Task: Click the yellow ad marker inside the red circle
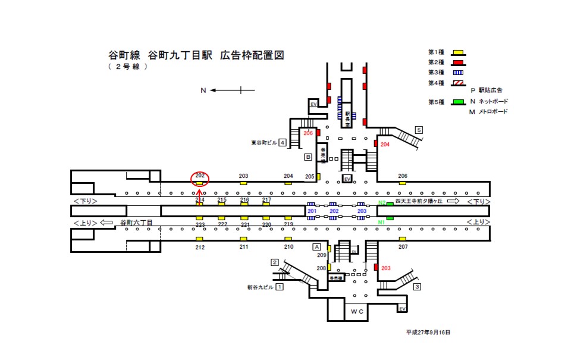coord(200,184)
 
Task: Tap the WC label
coord(357,311)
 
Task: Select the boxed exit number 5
coord(419,130)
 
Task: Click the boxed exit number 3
coord(418,287)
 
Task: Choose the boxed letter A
coord(317,246)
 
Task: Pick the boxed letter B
coord(308,157)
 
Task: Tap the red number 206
coord(308,133)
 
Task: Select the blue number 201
coord(311,211)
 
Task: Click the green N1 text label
coord(381,223)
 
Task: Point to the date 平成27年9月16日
coord(428,332)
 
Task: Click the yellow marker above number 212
coord(200,239)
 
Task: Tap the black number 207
coord(403,246)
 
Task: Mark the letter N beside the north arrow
coord(203,90)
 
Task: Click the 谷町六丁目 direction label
coord(137,223)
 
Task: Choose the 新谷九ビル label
coord(260,287)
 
